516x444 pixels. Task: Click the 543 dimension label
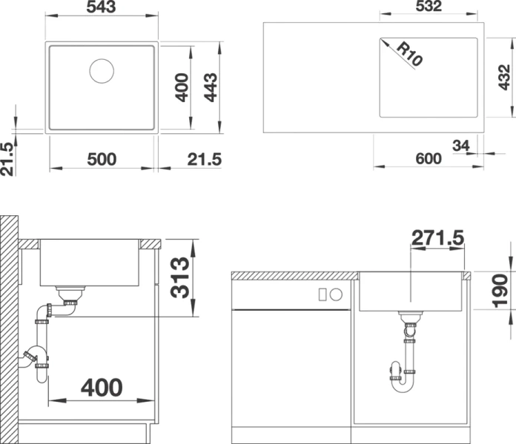(102, 8)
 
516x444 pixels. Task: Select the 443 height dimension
(211, 88)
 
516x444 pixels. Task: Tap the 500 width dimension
(102, 158)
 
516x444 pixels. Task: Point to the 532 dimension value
(428, 8)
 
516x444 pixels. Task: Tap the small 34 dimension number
(460, 146)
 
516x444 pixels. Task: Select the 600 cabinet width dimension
(428, 158)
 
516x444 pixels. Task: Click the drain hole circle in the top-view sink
(102, 70)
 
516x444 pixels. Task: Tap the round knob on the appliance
(336, 295)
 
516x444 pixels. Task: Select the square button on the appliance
(322, 295)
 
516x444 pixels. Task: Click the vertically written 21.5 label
(7, 158)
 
